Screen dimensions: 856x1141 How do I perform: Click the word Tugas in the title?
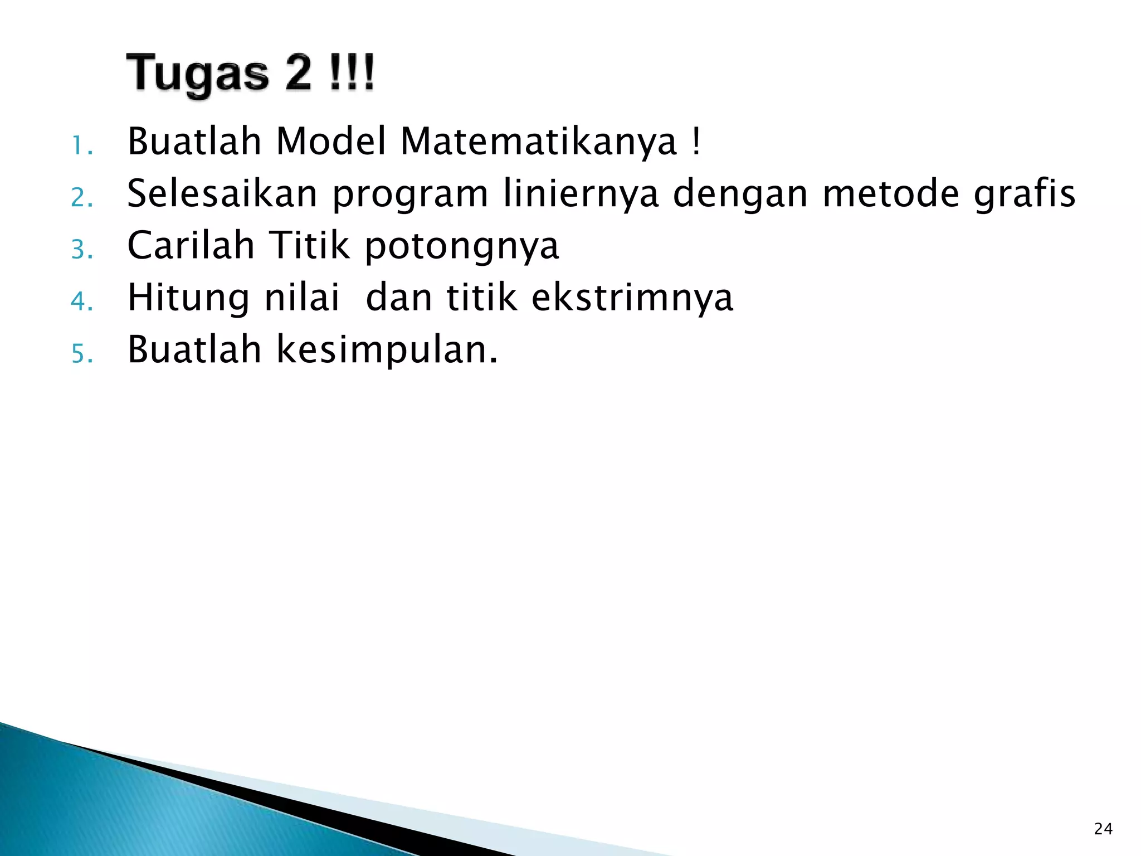pyautogui.click(x=198, y=74)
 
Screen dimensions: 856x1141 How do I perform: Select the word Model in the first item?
pyautogui.click(x=331, y=142)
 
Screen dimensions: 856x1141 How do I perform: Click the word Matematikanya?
pyautogui.click(x=539, y=142)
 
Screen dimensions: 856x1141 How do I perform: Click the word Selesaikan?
pyautogui.click(x=222, y=193)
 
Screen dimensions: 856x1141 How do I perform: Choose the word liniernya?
pyautogui.click(x=581, y=194)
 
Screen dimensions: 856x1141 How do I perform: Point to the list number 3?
pyautogui.click(x=81, y=250)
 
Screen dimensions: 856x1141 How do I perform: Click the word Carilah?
pyautogui.click(x=191, y=246)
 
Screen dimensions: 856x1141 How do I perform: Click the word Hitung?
pyautogui.click(x=189, y=298)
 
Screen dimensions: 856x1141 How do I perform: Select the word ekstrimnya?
pyautogui.click(x=632, y=298)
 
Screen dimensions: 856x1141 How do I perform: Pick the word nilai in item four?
pyautogui.click(x=301, y=298)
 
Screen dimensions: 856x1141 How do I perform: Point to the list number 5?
pyautogui.click(x=81, y=354)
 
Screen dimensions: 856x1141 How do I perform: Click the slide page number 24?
pyautogui.click(x=1103, y=829)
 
